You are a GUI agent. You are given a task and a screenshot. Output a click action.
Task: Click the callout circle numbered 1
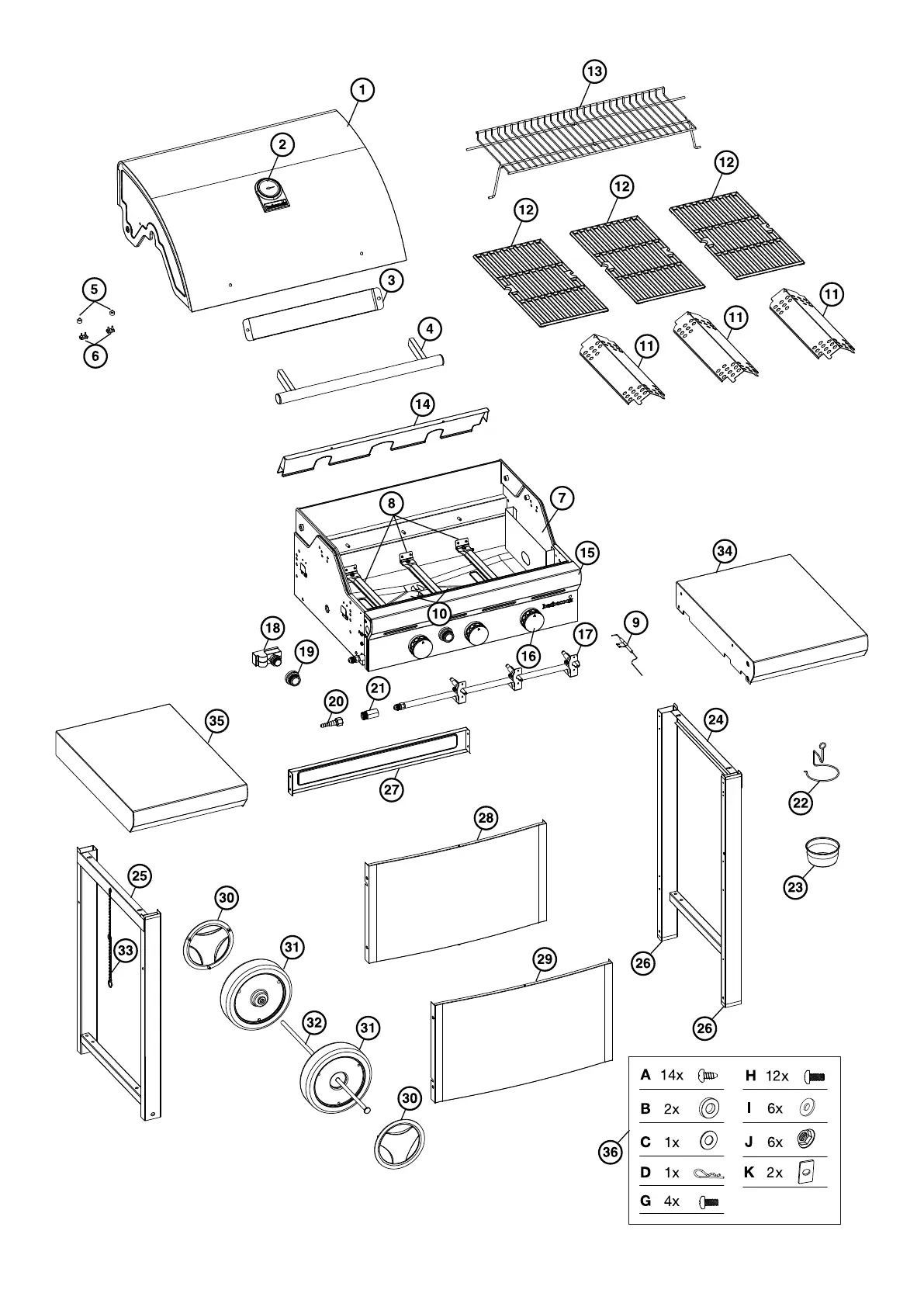362,89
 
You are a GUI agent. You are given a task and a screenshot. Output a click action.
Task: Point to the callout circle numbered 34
725,551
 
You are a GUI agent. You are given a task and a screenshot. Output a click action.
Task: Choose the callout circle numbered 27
392,790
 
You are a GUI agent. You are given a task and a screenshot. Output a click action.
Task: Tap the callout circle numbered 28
486,817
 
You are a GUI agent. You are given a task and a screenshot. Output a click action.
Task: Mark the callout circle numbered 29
545,959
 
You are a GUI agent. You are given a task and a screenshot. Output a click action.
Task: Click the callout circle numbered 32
313,1023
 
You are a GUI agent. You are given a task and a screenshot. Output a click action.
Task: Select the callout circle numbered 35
217,720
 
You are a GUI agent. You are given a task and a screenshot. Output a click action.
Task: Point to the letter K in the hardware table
749,1172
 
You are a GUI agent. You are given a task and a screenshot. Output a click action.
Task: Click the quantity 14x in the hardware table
672,1075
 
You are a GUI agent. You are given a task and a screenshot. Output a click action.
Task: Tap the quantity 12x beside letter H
777,1076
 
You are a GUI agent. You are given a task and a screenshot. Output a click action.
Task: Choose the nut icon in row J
808,1140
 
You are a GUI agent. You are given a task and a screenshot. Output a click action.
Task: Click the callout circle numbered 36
611,1152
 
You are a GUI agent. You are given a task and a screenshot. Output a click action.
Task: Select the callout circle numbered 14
423,404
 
